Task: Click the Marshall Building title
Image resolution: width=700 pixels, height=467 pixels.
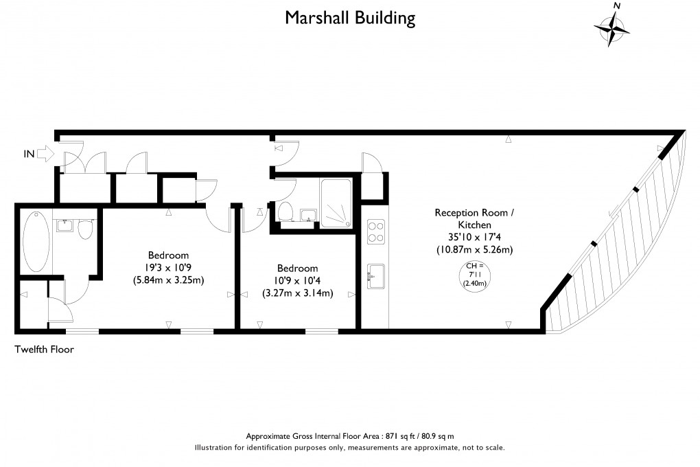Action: pyautogui.click(x=350, y=17)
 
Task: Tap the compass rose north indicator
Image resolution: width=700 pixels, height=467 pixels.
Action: pyautogui.click(x=612, y=27)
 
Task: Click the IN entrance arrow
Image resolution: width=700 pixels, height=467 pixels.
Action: pyautogui.click(x=43, y=154)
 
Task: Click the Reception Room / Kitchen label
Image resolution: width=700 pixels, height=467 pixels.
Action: pyautogui.click(x=474, y=218)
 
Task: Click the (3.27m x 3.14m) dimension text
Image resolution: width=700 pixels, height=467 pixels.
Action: pyautogui.click(x=297, y=293)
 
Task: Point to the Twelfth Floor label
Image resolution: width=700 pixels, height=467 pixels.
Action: pyautogui.click(x=44, y=350)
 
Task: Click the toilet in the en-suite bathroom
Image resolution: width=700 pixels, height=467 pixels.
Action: pyautogui.click(x=86, y=229)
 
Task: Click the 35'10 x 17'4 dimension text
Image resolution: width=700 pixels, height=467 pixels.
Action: pyautogui.click(x=474, y=238)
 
